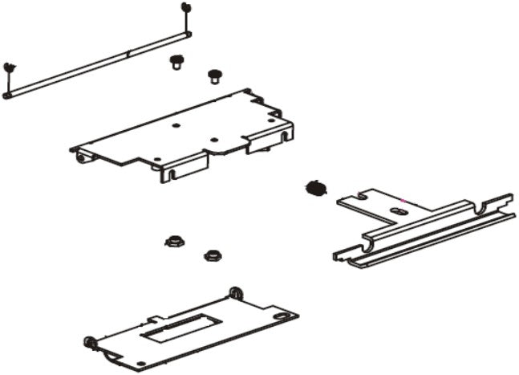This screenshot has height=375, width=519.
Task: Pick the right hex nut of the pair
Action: pos(212,255)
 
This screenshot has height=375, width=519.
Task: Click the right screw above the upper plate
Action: pos(214,75)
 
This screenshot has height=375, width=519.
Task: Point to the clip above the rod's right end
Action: pos(186,7)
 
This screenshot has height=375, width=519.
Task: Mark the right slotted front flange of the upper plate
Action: pos(263,142)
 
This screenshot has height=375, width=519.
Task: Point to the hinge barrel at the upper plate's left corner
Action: pos(80,155)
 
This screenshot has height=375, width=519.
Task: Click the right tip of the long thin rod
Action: pos(189,33)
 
